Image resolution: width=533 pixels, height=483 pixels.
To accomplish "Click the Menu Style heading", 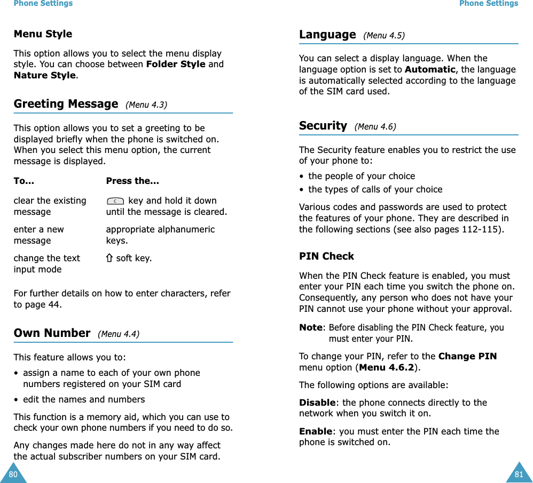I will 43,34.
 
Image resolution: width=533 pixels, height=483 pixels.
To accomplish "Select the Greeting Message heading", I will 66,104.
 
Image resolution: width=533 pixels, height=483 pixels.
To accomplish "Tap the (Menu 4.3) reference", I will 146,105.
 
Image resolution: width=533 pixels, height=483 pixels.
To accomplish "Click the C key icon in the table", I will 115,202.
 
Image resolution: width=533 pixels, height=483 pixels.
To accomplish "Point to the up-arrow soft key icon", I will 109,259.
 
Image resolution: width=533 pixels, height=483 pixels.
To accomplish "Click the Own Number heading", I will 52,333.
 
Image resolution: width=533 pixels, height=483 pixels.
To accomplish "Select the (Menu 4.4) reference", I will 119,334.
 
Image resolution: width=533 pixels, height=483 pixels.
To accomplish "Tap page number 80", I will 13,474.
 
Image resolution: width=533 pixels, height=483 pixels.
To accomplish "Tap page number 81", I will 519,474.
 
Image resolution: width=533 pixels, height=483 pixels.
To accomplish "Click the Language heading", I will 327,35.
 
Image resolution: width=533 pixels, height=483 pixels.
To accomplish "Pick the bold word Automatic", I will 430,69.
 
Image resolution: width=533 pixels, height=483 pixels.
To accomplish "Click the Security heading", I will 323,126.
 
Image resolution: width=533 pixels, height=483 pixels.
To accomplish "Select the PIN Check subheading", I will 326,256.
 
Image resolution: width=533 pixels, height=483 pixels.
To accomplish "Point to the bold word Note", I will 311,328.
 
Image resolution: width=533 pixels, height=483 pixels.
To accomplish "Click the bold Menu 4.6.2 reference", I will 387,367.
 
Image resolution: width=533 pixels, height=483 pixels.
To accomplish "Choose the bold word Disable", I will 316,403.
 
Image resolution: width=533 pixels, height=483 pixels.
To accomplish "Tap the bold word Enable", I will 315,431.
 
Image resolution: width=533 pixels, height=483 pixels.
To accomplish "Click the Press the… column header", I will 132,181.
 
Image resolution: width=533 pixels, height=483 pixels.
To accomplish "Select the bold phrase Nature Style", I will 44,75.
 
